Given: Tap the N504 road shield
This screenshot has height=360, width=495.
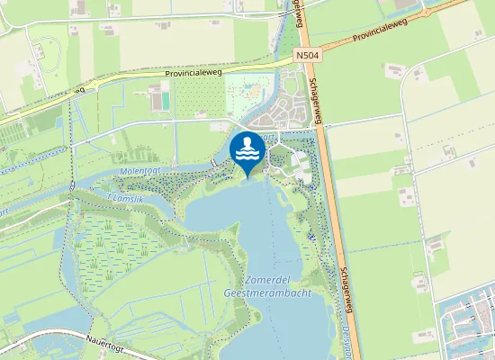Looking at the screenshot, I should tap(307, 56).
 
